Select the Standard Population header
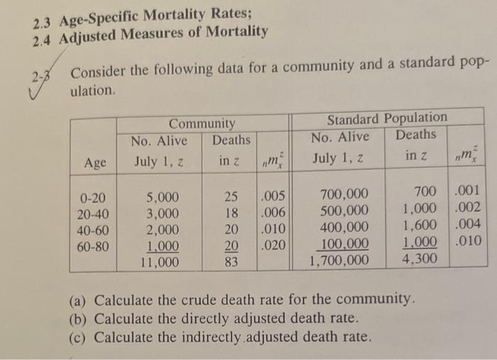click(x=387, y=118)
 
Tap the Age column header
click(x=95, y=162)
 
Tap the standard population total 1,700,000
click(x=339, y=261)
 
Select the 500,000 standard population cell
click(x=344, y=210)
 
